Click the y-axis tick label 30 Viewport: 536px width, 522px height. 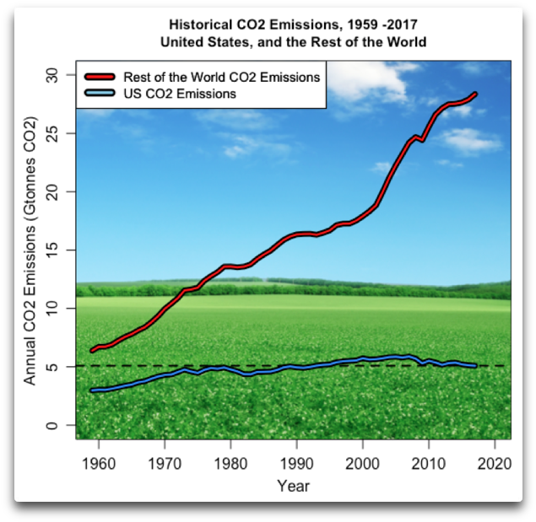click(x=53, y=76)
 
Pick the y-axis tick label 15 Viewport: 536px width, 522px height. click(x=53, y=250)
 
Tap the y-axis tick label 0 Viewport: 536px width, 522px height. click(x=53, y=426)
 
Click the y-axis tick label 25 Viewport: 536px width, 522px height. click(x=53, y=134)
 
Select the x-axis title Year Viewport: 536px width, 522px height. click(x=293, y=486)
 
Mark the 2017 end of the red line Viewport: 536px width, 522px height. click(x=475, y=94)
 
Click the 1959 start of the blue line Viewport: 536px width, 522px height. click(x=93, y=390)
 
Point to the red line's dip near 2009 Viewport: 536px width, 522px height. click(x=422, y=139)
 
